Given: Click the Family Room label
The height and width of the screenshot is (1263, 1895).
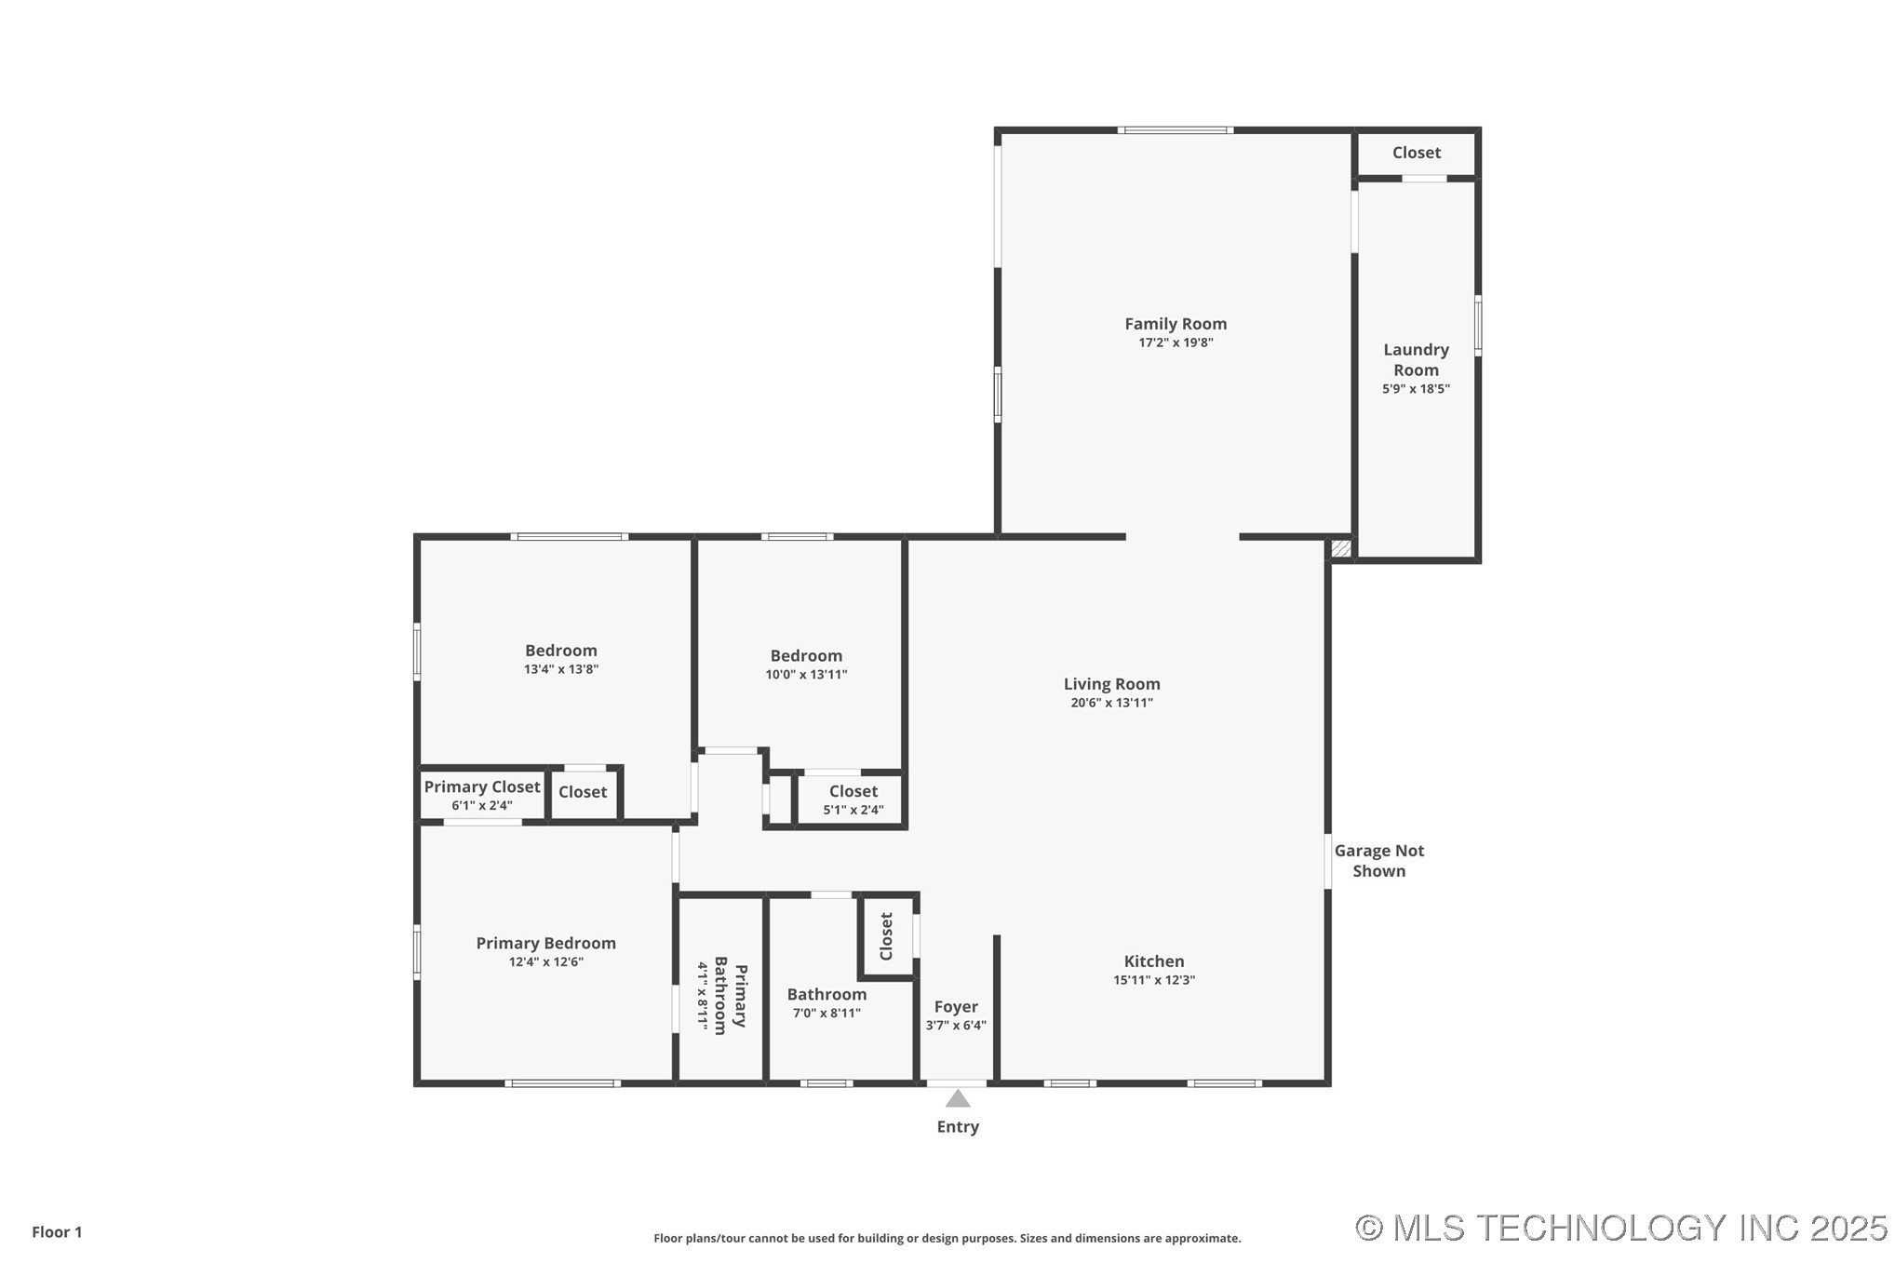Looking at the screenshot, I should tap(1175, 324).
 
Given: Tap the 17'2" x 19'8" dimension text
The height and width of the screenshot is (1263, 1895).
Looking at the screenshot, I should tap(1175, 343).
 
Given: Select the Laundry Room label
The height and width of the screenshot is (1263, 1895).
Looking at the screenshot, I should tap(1415, 359).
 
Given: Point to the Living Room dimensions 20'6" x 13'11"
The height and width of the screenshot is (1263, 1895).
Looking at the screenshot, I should tap(1111, 703).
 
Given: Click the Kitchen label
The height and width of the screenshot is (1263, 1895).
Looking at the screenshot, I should tap(1153, 961).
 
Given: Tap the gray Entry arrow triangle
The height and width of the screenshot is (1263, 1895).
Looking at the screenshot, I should tap(958, 1099).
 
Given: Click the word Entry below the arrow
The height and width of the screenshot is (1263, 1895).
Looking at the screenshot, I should tap(958, 1126).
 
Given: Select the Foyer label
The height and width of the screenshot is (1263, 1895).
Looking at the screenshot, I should tap(956, 1006).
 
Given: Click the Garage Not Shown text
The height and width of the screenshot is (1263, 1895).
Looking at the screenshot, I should tap(1378, 860).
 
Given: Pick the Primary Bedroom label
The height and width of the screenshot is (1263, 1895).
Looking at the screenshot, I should tap(545, 943).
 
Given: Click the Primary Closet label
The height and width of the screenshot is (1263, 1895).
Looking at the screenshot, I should tap(481, 786).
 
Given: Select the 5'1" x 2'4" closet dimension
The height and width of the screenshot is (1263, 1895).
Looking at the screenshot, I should tap(853, 810).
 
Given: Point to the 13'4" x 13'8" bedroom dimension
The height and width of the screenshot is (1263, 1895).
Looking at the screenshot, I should tap(560, 669).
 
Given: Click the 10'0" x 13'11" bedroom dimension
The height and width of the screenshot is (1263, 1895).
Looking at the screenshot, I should tap(806, 675).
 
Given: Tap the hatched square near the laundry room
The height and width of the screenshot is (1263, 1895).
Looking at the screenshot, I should tap(1340, 548).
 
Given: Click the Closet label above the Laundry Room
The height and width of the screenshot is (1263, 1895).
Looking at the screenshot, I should tap(1416, 153).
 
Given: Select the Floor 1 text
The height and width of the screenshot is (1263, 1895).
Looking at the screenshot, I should tap(57, 1231).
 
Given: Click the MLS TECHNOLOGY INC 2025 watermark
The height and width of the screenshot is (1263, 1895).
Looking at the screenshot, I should tap(1620, 1228).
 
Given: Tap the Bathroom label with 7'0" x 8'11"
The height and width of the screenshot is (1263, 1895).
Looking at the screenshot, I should tap(827, 994).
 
